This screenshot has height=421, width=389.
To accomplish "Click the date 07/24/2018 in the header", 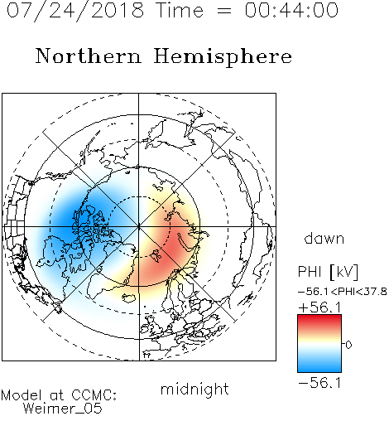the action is [x=75, y=10].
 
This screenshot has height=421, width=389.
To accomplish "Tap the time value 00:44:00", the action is [x=291, y=10].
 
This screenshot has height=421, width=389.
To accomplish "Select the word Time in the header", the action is [x=180, y=10].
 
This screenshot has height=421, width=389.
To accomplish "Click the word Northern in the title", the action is [x=89, y=56].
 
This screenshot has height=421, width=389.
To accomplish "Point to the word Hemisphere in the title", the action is [x=223, y=57].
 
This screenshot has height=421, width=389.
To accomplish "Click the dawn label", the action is [x=324, y=238].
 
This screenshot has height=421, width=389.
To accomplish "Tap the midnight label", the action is [x=194, y=389].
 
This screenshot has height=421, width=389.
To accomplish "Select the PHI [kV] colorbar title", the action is [x=328, y=272].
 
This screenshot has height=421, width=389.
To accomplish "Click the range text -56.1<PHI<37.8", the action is [x=343, y=292].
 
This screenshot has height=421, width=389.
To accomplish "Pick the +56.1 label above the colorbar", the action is [x=319, y=307].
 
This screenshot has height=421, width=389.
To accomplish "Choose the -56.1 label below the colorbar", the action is [x=319, y=383].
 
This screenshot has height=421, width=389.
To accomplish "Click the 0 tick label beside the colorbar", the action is [x=348, y=345].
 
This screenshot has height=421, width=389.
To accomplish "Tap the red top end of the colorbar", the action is [x=319, y=317].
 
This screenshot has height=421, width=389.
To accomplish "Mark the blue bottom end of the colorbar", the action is [x=319, y=370].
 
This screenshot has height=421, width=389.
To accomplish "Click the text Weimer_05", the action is [x=63, y=409].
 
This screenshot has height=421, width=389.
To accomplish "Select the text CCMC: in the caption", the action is [x=94, y=395].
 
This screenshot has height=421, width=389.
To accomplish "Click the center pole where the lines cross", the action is [x=139, y=226].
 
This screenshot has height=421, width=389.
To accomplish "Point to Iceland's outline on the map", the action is [x=128, y=298].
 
